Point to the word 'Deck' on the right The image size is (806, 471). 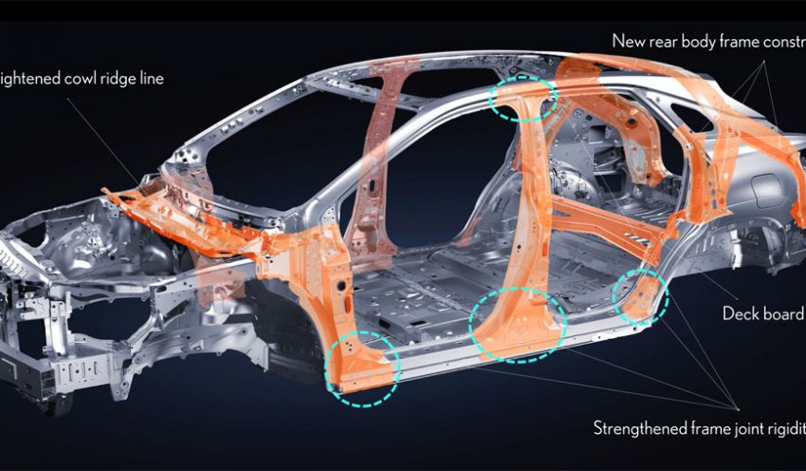tap(742, 314)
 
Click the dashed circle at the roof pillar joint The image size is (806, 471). tap(521, 98)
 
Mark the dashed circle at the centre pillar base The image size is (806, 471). tap(518, 324)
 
